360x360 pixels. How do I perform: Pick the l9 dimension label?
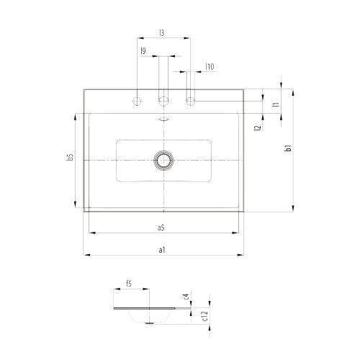click(144, 50)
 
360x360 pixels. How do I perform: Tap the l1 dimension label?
click(275, 105)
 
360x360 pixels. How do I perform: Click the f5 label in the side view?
click(130, 284)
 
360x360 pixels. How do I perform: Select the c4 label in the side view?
click(186, 296)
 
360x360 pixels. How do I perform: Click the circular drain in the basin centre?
click(164, 159)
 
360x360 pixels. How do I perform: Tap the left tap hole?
click(137, 100)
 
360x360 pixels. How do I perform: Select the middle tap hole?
click(164, 100)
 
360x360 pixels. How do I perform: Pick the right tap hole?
click(191, 100)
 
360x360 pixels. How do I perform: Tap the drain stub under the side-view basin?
click(150, 322)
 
